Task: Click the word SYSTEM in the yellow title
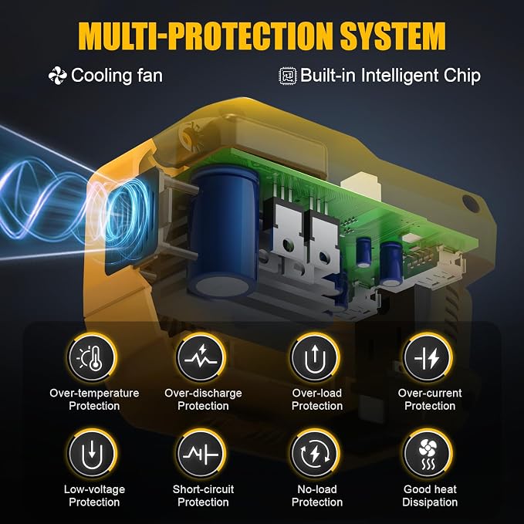tap(393, 36)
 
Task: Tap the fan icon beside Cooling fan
tap(57, 76)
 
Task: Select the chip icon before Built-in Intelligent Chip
tap(288, 76)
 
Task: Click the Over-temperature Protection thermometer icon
tap(92, 358)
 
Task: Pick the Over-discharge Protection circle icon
tap(201, 358)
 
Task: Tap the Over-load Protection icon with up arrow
tap(314, 358)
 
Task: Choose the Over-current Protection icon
tap(428, 358)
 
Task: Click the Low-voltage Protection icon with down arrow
tap(92, 454)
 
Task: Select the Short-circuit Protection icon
tap(201, 454)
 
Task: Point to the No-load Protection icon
tap(314, 454)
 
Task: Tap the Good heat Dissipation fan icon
tap(428, 454)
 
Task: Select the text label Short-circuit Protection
tap(203, 495)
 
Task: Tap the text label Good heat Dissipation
tap(430, 495)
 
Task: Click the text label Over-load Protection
tap(317, 399)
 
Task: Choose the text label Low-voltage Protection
tap(94, 495)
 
